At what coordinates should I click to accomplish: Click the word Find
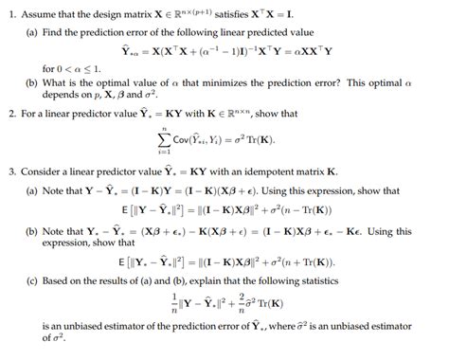pos(54,33)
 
